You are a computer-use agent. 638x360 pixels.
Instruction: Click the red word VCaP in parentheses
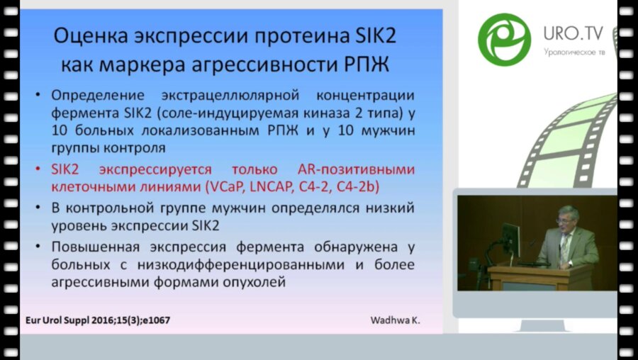coord(226,187)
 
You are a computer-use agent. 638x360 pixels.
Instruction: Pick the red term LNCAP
coord(276,187)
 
